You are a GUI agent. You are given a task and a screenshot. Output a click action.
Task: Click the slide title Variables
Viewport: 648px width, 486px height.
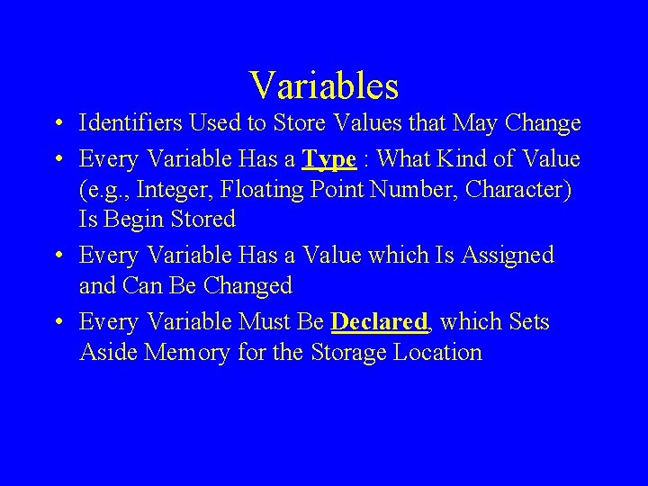[x=324, y=85]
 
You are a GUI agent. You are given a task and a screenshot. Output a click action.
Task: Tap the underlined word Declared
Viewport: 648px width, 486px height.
[x=378, y=322]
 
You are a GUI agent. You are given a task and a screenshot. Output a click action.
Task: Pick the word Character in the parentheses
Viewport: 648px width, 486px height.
[x=530, y=190]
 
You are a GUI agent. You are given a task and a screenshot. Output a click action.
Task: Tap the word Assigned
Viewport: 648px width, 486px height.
[x=507, y=256]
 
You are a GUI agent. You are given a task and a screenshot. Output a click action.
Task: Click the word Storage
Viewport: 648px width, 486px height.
[x=347, y=352]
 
